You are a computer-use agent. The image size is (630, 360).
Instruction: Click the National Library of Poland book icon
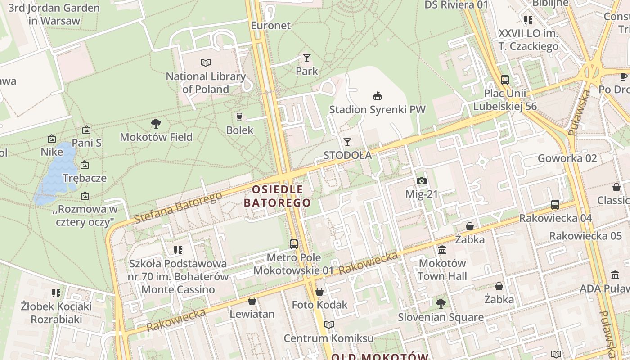pyautogui.click(x=206, y=63)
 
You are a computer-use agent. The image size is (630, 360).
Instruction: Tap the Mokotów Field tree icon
pyautogui.click(x=156, y=123)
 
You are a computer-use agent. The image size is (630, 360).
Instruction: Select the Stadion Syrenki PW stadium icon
pyautogui.click(x=378, y=96)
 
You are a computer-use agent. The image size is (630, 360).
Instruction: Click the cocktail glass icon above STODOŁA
pyautogui.click(x=347, y=142)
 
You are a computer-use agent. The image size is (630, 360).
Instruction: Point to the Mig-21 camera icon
pyautogui.click(x=421, y=181)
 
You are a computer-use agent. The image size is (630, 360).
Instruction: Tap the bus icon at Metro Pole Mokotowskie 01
pyautogui.click(x=294, y=244)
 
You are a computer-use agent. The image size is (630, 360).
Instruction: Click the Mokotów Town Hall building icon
pyautogui.click(x=442, y=250)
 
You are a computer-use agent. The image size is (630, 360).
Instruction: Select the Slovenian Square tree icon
pyautogui.click(x=441, y=304)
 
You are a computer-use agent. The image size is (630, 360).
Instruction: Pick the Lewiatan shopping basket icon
pyautogui.click(x=252, y=301)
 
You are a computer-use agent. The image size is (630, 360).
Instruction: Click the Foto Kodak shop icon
pyautogui.click(x=319, y=292)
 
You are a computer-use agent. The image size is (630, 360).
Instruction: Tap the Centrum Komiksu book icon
pyautogui.click(x=329, y=325)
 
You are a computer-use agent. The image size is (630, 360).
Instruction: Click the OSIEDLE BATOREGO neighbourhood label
pyautogui.click(x=278, y=196)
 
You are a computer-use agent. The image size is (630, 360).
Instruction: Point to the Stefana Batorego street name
pyautogui.click(x=178, y=208)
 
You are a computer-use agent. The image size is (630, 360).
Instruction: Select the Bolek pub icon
pyautogui.click(x=239, y=117)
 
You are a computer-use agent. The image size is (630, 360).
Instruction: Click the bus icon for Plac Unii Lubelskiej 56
pyautogui.click(x=505, y=80)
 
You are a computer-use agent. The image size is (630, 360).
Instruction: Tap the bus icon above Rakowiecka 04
pyautogui.click(x=555, y=205)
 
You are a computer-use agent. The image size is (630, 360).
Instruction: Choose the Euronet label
pyautogui.click(x=271, y=25)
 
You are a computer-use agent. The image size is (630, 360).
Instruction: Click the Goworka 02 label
pyautogui.click(x=567, y=158)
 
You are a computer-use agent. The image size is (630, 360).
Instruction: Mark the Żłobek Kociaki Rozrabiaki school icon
pyautogui.click(x=56, y=293)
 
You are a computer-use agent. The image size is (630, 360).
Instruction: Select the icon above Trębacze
pyautogui.click(x=85, y=165)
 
